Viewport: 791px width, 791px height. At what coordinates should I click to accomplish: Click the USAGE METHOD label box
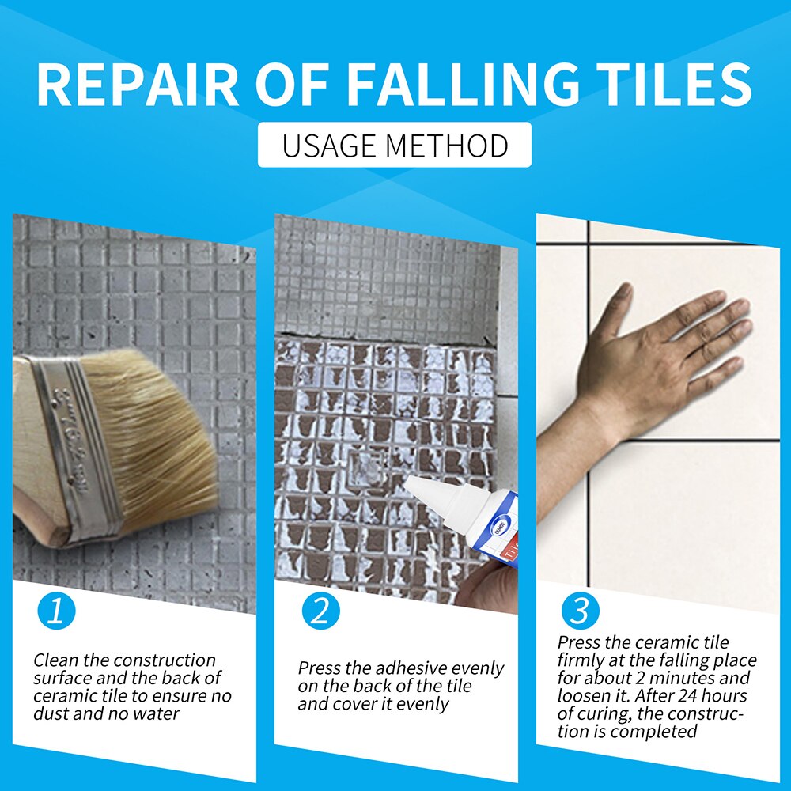tap(395, 146)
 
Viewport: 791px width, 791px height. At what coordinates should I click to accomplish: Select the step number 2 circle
tap(320, 612)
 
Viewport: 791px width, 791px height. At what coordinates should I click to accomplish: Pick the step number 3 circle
tap(580, 611)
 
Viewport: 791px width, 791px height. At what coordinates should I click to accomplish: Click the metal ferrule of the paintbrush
tap(75, 443)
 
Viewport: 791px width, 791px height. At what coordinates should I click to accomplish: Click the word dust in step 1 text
tap(51, 714)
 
